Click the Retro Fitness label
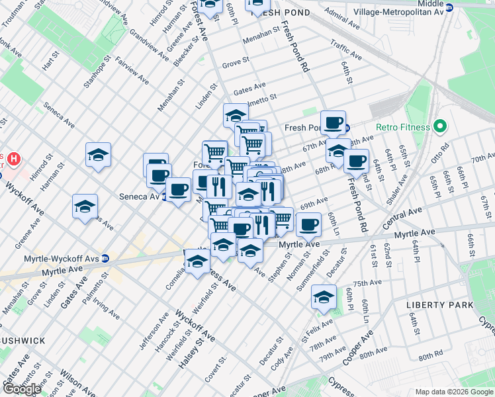(403, 127)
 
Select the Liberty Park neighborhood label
(439, 304)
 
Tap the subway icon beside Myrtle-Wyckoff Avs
(105, 258)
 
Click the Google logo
(22, 389)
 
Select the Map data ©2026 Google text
(453, 392)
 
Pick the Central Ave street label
(402, 218)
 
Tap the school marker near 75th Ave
(324, 297)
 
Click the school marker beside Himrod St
(99, 155)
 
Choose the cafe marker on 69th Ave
(308, 224)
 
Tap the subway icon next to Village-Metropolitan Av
(449, 8)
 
